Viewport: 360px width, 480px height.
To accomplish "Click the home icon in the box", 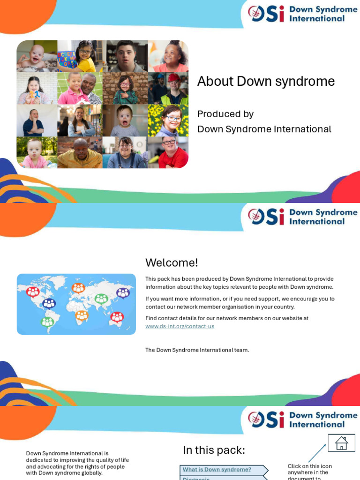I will (x=341, y=443).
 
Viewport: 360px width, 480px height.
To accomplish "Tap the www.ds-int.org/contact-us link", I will (x=180, y=326).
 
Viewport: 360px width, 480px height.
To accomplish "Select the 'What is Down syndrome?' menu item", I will (x=217, y=469).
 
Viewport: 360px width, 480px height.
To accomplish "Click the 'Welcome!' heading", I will (x=172, y=262).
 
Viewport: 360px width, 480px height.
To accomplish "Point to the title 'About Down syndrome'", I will (x=266, y=81).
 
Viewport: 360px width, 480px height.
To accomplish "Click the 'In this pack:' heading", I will (x=214, y=450).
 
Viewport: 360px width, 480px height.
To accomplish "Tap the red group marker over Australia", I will (x=117, y=317).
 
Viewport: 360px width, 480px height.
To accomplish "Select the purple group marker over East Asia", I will (x=123, y=293).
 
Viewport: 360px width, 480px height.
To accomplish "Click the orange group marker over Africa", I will (x=82, y=315).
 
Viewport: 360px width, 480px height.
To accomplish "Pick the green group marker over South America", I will (x=47, y=322).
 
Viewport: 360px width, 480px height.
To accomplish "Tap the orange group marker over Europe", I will (x=78, y=287).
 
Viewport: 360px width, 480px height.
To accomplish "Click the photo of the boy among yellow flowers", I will (x=168, y=120).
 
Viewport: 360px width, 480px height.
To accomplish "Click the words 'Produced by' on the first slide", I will (x=225, y=114).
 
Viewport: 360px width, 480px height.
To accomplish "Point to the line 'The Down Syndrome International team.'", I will (x=197, y=350).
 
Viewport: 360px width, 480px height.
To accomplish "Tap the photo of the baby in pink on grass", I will (x=37, y=152).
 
